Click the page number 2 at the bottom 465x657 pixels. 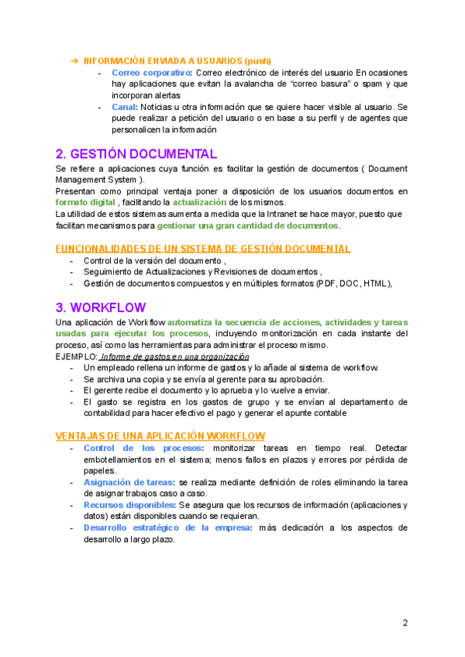[405, 623]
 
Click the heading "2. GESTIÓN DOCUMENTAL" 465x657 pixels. [136, 153]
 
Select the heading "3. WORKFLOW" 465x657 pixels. [101, 307]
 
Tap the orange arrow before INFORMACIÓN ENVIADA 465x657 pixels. [74, 60]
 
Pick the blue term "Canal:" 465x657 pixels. [125, 106]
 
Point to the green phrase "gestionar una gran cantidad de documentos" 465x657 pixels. [248, 225]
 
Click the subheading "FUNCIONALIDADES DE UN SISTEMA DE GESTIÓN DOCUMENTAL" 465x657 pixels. [203, 248]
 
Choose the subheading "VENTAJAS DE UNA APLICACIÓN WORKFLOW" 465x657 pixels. [160, 436]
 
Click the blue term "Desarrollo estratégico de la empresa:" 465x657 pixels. [167, 528]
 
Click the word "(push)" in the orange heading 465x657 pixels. [257, 60]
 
